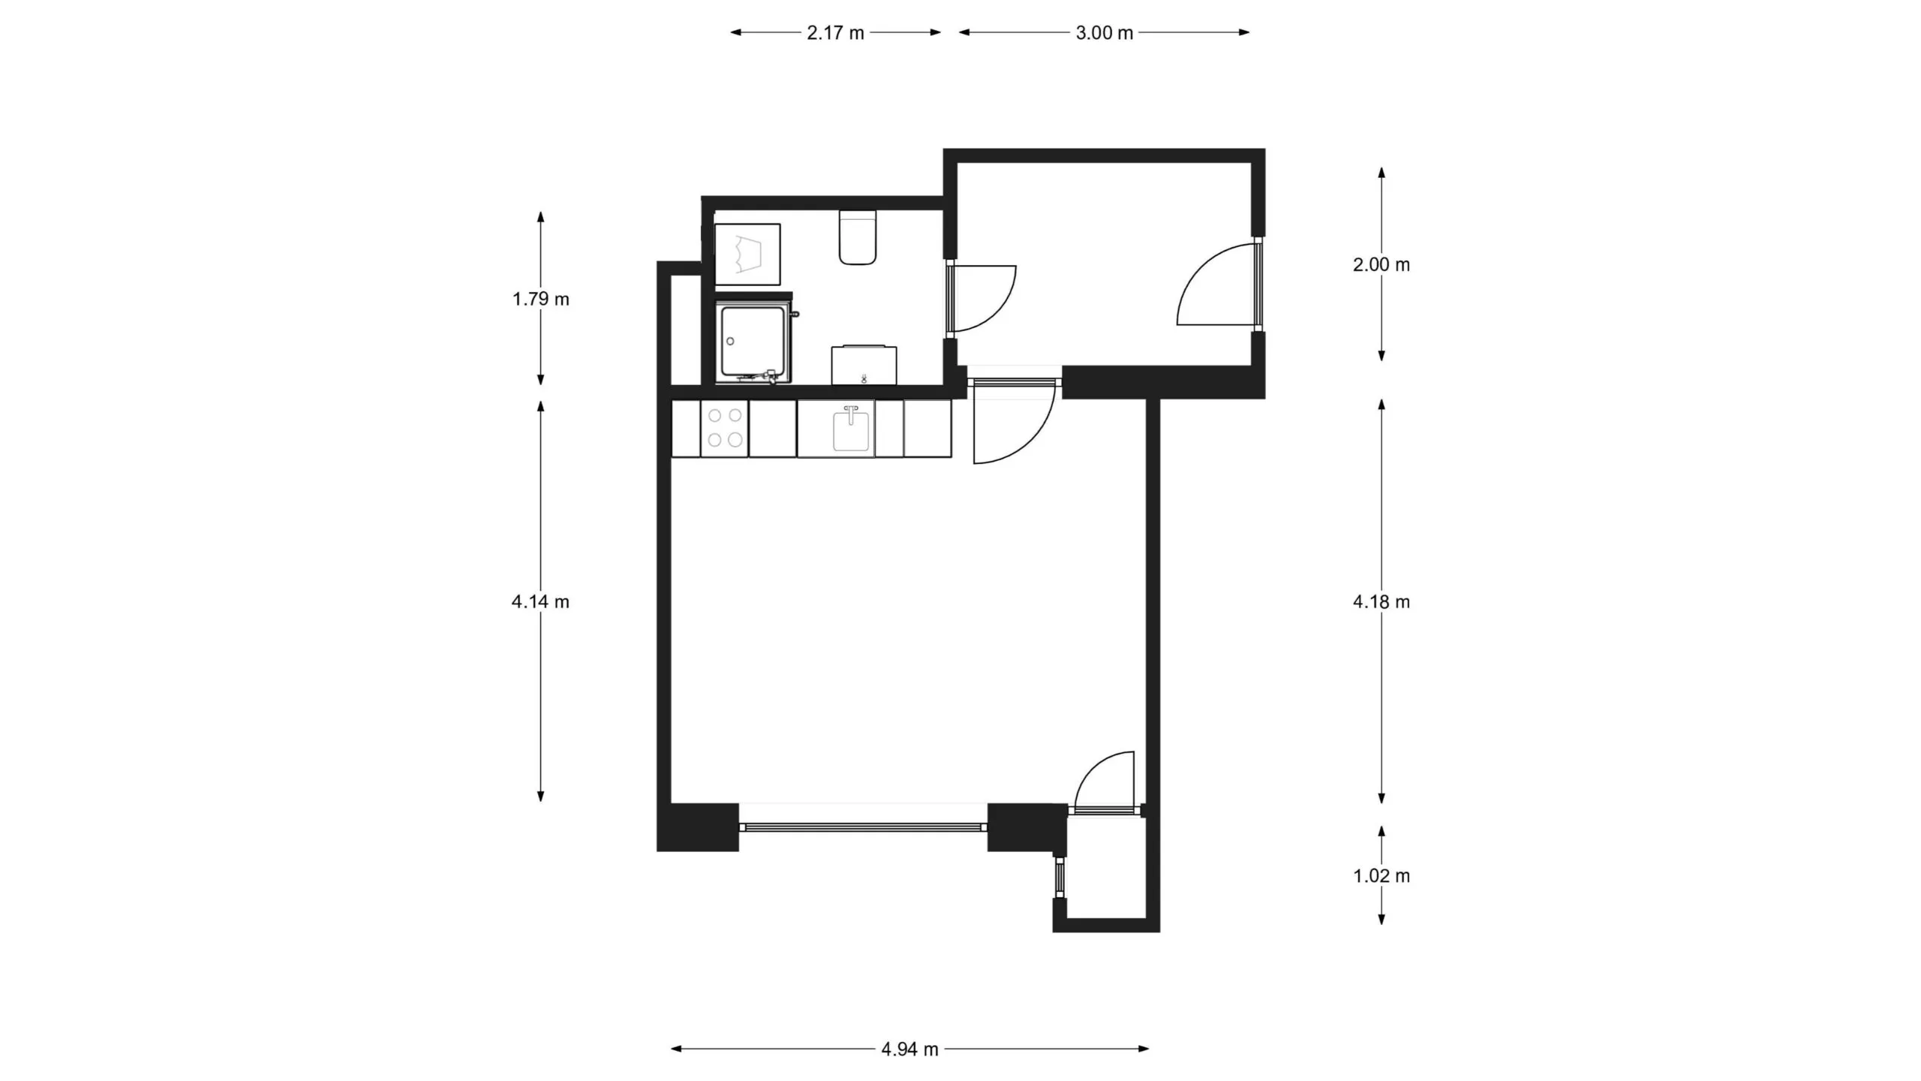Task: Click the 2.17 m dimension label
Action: [x=835, y=33]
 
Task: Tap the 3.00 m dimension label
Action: [x=1104, y=33]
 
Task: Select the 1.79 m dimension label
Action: [x=540, y=300]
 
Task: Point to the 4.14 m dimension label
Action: [x=540, y=602]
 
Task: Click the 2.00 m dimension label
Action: [x=1381, y=265]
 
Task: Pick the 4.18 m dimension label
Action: [x=1381, y=602]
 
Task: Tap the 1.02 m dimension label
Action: [x=1381, y=876]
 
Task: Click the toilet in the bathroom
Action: [x=858, y=237]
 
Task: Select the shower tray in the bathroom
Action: [x=753, y=342]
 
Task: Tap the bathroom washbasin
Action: [x=864, y=366]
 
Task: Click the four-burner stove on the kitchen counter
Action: [x=724, y=429]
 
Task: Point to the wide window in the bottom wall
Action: [x=863, y=827]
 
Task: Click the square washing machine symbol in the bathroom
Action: [x=747, y=254]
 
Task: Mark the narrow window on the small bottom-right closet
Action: [x=1060, y=878]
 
